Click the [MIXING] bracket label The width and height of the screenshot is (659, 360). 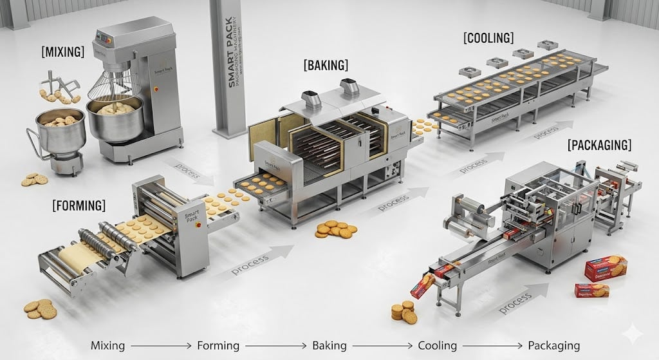[62, 52]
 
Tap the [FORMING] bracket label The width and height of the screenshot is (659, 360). [79, 205]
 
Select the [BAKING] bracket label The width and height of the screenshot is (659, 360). [326, 65]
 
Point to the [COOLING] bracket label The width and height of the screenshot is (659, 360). [488, 38]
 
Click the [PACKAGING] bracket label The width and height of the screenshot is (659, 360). [599, 145]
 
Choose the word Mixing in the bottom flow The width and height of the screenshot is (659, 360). [108, 345]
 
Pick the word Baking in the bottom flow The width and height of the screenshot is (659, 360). [329, 345]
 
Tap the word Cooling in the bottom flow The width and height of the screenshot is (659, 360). [438, 345]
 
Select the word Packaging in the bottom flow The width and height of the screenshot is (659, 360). [553, 345]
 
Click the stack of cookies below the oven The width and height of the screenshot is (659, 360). [335, 229]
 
